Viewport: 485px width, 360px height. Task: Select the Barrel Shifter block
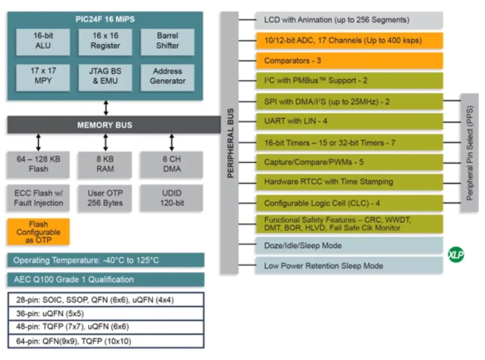click(x=167, y=42)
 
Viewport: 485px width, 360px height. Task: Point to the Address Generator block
click(x=167, y=77)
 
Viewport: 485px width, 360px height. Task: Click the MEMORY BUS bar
click(x=105, y=125)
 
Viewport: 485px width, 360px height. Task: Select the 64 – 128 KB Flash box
click(x=38, y=164)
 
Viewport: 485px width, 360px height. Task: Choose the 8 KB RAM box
click(x=105, y=164)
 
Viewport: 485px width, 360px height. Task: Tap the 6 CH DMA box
click(x=172, y=164)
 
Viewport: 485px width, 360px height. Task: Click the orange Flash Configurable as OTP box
click(x=38, y=232)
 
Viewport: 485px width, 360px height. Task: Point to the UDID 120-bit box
click(x=172, y=198)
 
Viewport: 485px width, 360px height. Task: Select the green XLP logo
click(x=456, y=254)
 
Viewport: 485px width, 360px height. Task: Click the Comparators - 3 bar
click(x=349, y=60)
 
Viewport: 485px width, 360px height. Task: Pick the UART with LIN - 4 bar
click(x=349, y=121)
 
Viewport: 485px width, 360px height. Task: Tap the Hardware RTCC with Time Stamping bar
click(x=349, y=181)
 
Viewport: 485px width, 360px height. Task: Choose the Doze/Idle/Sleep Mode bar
click(x=349, y=245)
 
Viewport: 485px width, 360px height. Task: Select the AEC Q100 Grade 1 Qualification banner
click(x=105, y=280)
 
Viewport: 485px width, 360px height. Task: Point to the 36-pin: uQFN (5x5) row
click(x=105, y=313)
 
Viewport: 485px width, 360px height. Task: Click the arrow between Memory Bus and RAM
click(x=105, y=142)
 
